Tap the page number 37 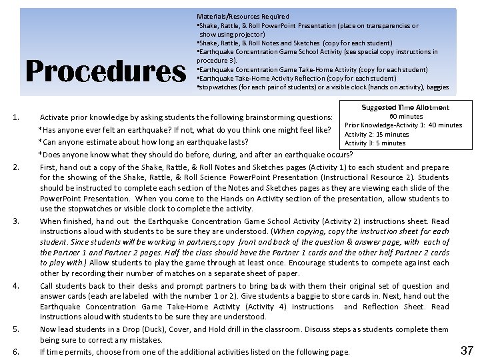point(467,349)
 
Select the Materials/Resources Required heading point(243,16)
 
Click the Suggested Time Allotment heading point(405,107)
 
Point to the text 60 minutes point(405,117)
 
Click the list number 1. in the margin point(15,118)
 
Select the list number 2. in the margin point(15,166)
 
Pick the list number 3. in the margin point(15,221)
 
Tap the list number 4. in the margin point(15,285)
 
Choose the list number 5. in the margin point(15,329)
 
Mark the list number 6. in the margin point(15,351)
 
